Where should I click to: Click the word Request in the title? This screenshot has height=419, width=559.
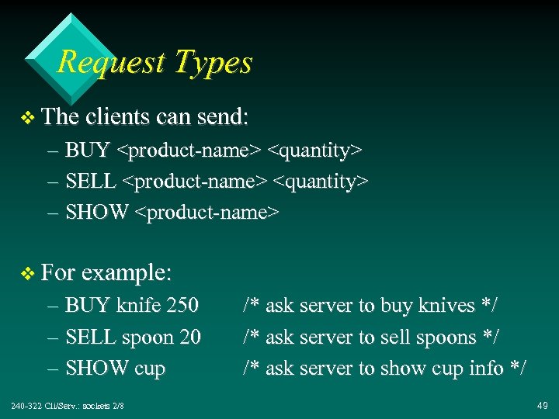tap(99, 62)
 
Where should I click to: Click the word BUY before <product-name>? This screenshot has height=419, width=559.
tap(88, 149)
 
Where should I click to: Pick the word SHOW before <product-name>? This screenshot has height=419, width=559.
tap(97, 212)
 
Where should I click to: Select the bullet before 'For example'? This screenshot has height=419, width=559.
tap(28, 274)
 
